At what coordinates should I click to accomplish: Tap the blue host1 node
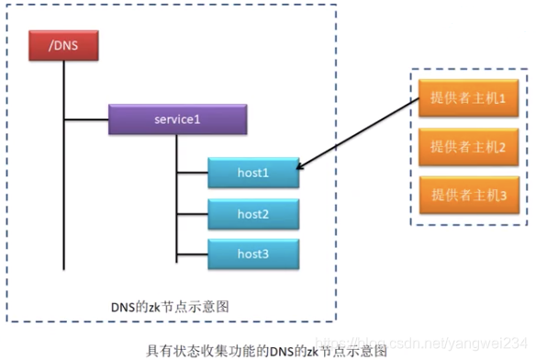252,173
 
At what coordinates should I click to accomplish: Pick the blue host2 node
252,214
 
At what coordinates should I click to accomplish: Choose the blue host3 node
252,253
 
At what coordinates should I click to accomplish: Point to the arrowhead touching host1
302,168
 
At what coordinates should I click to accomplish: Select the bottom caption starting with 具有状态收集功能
266,350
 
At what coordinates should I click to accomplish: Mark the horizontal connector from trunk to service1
86,119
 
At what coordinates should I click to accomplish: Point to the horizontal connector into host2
192,214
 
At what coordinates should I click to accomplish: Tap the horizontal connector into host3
192,253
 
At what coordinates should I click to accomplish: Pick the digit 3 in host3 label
266,253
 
